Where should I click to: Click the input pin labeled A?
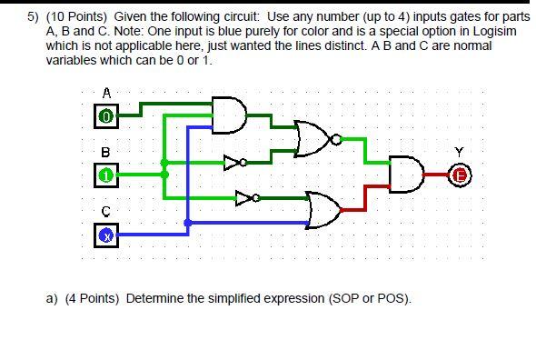pos(106,116)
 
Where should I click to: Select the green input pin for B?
pos(106,174)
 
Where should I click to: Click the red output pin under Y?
pos(460,175)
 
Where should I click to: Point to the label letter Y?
pos(462,152)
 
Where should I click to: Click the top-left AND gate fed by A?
pos(231,113)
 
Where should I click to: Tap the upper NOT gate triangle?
pos(234,162)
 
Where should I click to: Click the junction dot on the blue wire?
pos(187,223)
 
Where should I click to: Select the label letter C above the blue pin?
pos(106,211)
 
